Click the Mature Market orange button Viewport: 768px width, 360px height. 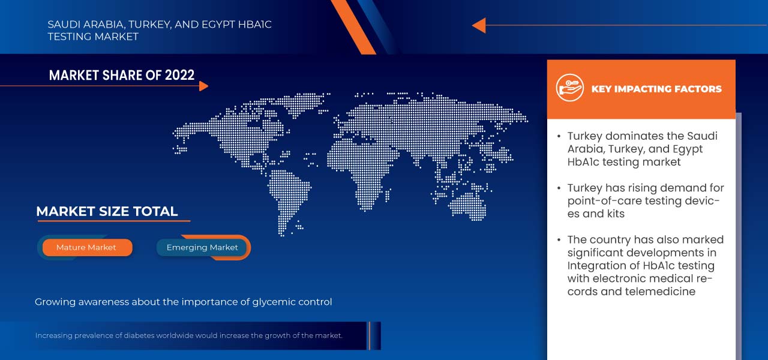tap(88, 248)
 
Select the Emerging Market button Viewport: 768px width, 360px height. tap(202, 248)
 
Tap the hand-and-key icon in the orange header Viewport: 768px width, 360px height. tap(569, 88)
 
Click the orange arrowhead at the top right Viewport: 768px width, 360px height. tap(479, 25)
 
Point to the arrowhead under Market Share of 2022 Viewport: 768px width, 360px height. tap(203, 86)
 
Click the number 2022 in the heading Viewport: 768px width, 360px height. tap(179, 75)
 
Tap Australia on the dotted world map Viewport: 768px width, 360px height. tap(468, 206)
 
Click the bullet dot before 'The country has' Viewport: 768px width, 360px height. tap(559, 240)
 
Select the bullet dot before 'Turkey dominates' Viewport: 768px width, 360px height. tap(559, 136)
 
